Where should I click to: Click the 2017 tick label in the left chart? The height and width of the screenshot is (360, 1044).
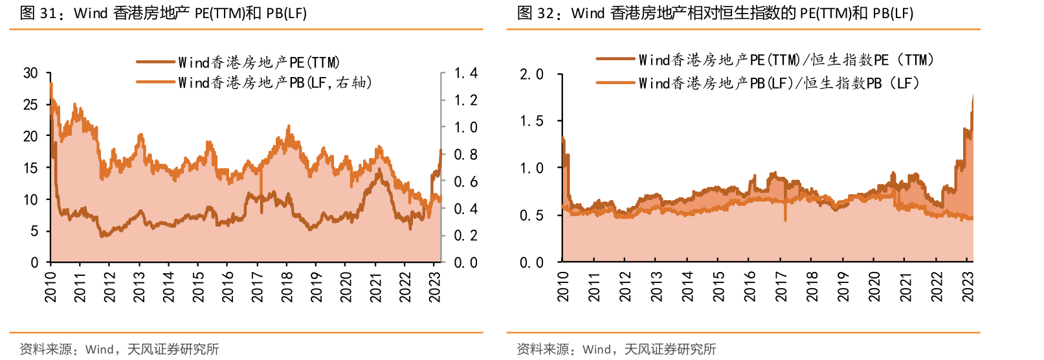pos(258,286)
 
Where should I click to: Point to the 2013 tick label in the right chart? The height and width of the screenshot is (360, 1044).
pos(656,286)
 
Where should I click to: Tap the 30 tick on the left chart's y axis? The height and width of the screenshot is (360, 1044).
pos(30,73)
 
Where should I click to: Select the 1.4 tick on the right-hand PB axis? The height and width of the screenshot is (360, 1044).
pos(465,73)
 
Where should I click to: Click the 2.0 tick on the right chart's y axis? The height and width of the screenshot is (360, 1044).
pos(531,74)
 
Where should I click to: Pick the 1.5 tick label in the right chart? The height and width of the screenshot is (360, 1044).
pos(531,122)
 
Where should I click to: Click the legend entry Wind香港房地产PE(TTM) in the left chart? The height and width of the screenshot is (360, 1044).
pos(258,62)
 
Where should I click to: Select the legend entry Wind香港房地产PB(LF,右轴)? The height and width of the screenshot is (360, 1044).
pos(274,82)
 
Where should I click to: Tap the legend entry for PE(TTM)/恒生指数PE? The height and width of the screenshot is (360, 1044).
pos(786,60)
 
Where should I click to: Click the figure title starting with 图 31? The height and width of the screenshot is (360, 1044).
pos(163,13)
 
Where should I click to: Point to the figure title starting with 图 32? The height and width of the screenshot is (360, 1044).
pos(715,13)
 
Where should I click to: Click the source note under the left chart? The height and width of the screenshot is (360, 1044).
pos(119,350)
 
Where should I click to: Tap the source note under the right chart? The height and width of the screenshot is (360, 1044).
pos(616,350)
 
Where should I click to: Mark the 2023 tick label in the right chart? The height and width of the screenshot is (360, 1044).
pos(968,286)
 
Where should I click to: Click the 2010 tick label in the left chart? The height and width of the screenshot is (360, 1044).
pos(50,286)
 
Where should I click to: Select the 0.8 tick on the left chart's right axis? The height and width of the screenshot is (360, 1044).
pos(465,155)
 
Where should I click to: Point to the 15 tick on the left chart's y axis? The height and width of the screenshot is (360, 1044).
pos(30,168)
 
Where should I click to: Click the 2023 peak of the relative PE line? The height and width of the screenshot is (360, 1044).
pos(973,96)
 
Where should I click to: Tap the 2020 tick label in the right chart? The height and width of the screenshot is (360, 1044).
pos(874,286)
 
